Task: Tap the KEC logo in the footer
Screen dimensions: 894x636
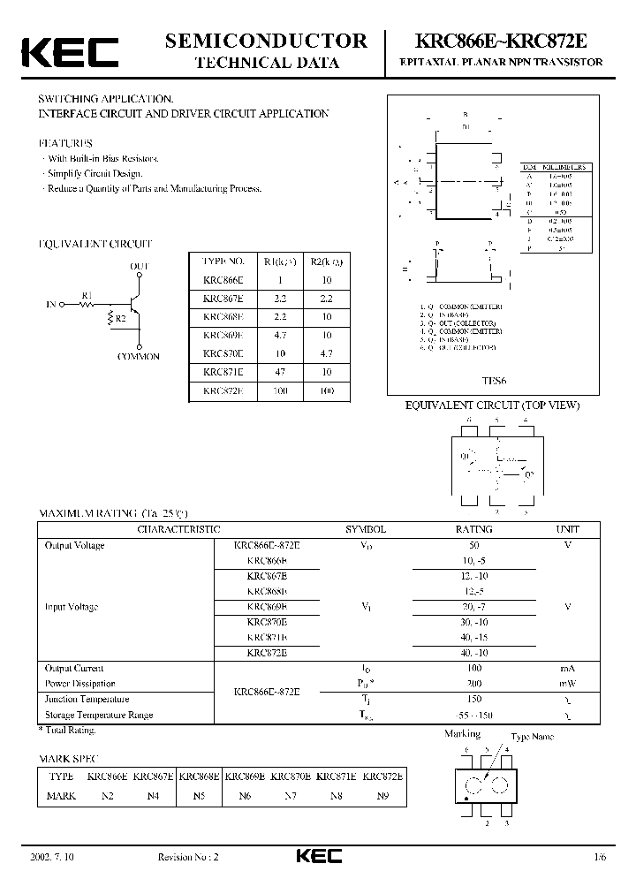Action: tap(317, 857)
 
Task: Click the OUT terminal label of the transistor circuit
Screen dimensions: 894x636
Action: tap(140, 265)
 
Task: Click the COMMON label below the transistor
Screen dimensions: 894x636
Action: tap(139, 356)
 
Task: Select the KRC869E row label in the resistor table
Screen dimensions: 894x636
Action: tap(223, 336)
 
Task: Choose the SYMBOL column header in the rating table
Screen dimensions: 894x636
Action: tap(365, 529)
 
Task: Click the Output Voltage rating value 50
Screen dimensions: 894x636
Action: tap(473, 545)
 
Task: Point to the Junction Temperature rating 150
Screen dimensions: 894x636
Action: tap(473, 700)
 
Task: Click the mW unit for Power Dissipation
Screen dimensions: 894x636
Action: tap(567, 684)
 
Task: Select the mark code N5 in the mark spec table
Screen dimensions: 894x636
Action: tap(199, 795)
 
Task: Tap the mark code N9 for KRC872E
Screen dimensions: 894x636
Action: tap(382, 795)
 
